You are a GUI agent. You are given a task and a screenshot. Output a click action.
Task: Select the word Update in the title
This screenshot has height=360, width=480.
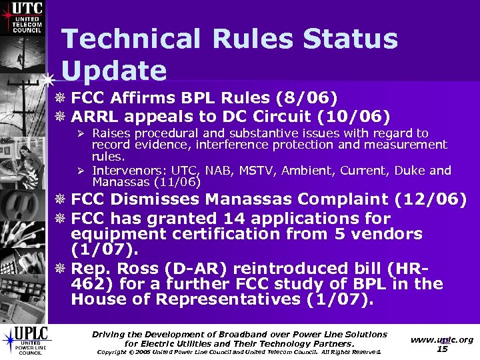[x=113, y=71]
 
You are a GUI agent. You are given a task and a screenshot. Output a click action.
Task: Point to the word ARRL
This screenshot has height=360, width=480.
[x=97, y=117]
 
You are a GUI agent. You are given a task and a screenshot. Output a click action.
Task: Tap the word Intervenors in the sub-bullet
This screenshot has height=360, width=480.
[x=124, y=171]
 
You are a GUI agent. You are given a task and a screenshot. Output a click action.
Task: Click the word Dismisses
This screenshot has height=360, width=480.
[x=157, y=199]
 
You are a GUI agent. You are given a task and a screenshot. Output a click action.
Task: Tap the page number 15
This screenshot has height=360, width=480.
[x=442, y=349]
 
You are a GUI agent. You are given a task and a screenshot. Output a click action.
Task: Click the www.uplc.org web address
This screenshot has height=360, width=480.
[x=442, y=339]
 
